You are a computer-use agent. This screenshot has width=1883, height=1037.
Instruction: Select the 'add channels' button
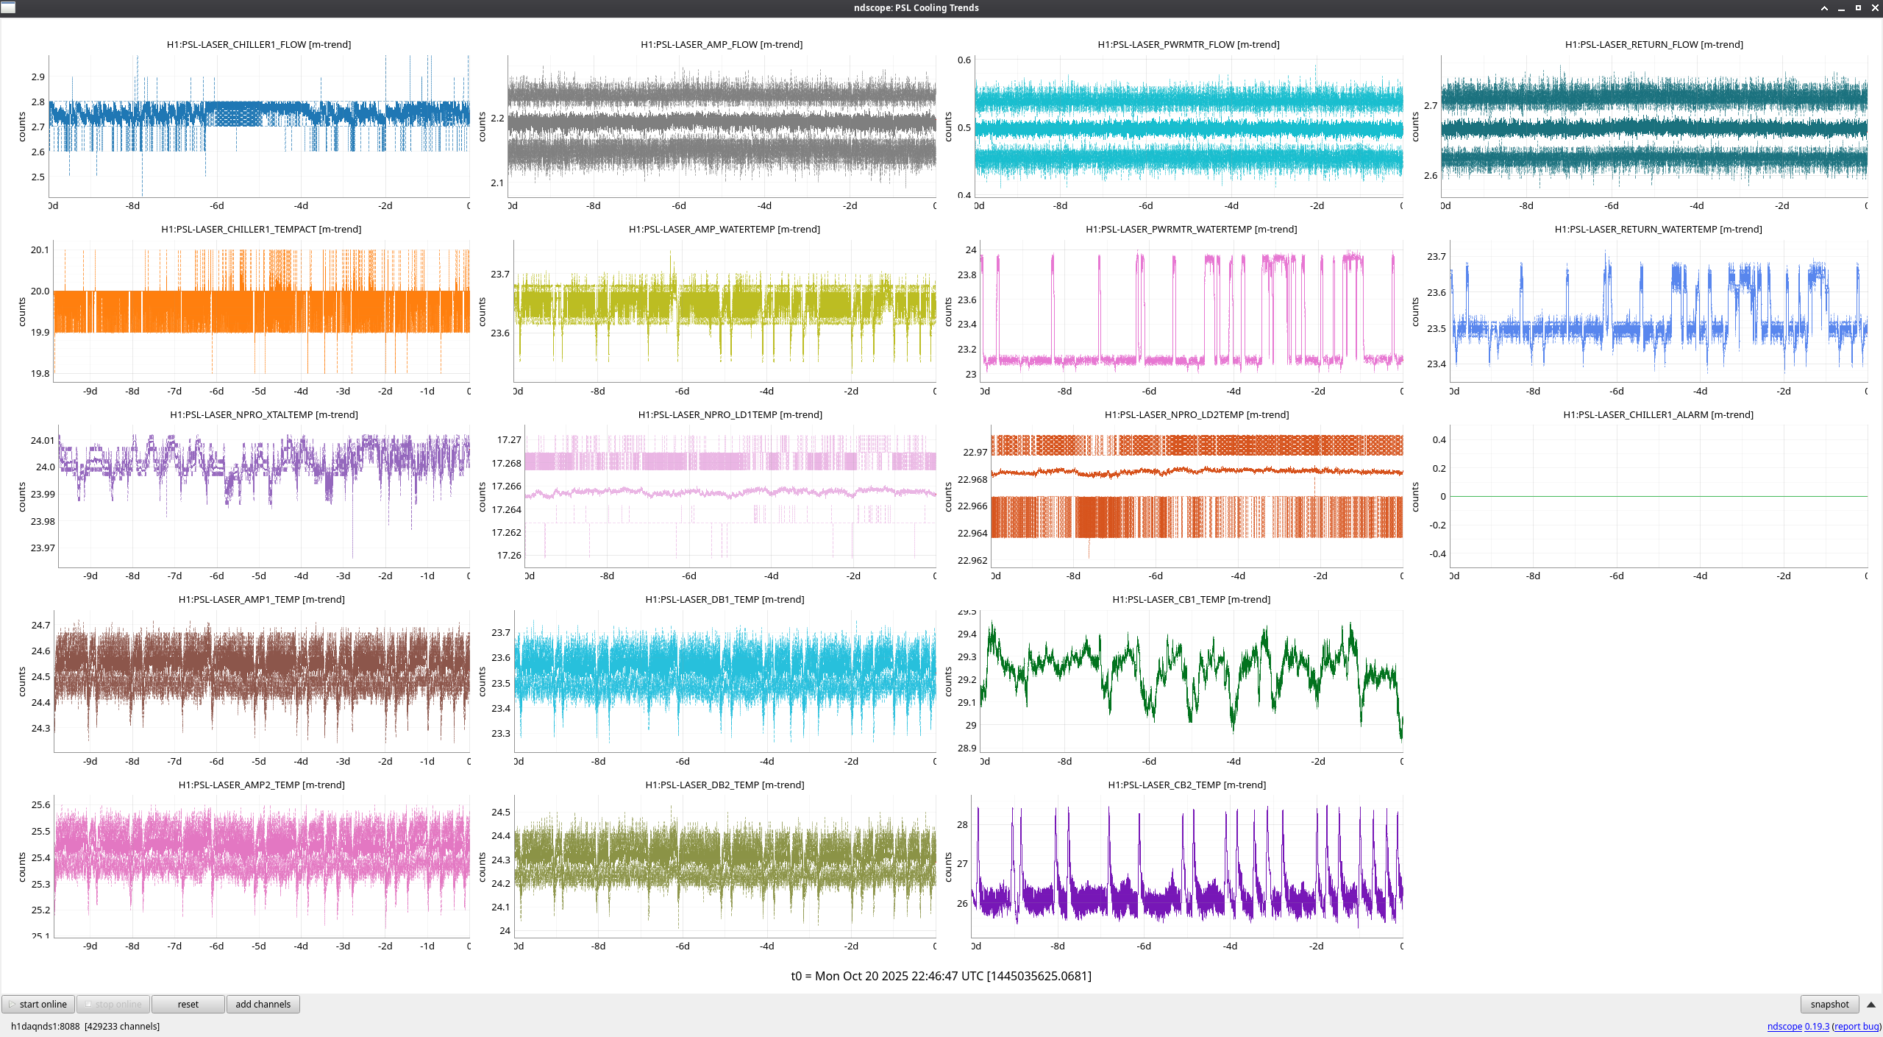[x=263, y=1004]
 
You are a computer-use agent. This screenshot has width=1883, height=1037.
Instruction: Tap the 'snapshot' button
[x=1829, y=1004]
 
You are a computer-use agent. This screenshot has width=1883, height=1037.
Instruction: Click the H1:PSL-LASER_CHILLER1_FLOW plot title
[x=259, y=45]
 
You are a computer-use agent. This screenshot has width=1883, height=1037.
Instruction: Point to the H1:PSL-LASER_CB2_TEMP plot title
[x=1186, y=785]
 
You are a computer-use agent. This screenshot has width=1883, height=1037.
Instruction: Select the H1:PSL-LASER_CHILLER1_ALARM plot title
[x=1658, y=415]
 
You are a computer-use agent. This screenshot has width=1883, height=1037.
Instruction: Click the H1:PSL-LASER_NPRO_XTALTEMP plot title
[x=264, y=415]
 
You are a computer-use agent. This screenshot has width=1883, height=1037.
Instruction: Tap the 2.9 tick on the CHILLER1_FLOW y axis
[x=38, y=77]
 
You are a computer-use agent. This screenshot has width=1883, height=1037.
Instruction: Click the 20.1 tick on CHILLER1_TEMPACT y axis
[x=40, y=250]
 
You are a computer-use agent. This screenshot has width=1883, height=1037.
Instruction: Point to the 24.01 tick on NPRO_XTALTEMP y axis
[x=42, y=441]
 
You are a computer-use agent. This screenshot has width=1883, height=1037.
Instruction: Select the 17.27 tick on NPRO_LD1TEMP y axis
[x=509, y=440]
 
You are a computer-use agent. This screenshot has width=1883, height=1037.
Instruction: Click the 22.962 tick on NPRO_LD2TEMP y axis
[x=972, y=561]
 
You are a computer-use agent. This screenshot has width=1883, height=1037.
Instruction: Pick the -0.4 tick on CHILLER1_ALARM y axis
[x=1437, y=554]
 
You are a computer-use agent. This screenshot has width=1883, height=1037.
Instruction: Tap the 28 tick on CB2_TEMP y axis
[x=962, y=825]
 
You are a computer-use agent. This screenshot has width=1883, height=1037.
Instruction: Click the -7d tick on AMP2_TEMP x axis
[x=174, y=946]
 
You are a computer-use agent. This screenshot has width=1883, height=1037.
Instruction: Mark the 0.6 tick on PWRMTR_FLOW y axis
[x=964, y=60]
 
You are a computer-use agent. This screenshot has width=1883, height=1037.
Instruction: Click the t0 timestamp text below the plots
[x=941, y=976]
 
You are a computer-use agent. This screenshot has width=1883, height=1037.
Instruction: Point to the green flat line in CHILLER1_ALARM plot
[x=1658, y=497]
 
